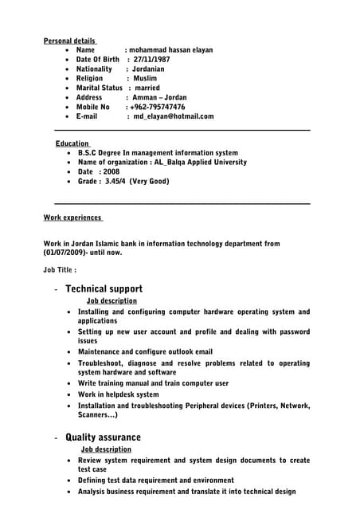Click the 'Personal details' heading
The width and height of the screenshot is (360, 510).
(x=69, y=41)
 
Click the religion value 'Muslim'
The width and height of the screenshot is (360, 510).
(x=147, y=79)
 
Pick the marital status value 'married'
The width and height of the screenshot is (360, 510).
(x=147, y=88)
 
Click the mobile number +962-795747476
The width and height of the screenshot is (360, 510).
(x=158, y=107)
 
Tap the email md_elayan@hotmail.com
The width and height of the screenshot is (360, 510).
(x=174, y=116)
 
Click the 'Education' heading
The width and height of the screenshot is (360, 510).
(x=72, y=143)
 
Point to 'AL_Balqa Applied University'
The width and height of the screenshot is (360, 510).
(x=201, y=163)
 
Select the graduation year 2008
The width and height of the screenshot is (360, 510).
(x=111, y=172)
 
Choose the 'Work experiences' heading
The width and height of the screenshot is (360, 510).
(x=72, y=218)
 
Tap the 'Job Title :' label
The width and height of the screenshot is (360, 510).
(x=60, y=270)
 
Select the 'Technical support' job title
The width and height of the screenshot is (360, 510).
(x=104, y=288)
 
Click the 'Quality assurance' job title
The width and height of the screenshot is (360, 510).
(x=103, y=437)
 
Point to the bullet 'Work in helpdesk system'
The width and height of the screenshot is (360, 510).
(x=119, y=394)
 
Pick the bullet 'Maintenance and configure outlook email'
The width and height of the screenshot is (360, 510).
(x=145, y=351)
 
